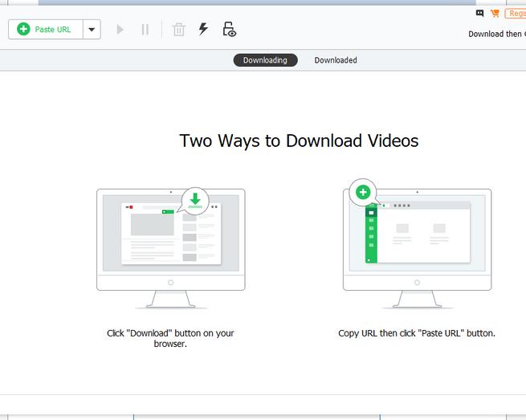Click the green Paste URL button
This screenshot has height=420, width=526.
click(x=45, y=30)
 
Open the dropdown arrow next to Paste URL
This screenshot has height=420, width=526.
click(x=92, y=30)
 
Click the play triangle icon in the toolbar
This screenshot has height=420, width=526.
click(x=120, y=30)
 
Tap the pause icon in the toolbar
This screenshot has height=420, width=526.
click(x=145, y=30)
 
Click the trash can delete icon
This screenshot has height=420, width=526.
click(x=179, y=30)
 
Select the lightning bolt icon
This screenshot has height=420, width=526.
click(x=203, y=30)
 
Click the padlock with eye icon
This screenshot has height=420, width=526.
click(x=230, y=30)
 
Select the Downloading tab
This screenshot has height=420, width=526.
click(x=265, y=60)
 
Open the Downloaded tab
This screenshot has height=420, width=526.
click(x=336, y=60)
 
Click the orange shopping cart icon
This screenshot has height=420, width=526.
click(x=495, y=14)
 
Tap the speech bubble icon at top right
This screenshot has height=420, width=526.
click(x=480, y=14)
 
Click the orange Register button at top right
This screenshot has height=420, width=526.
click(x=516, y=14)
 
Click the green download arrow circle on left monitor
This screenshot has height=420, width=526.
click(x=195, y=200)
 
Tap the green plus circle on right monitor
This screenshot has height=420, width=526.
click(x=363, y=192)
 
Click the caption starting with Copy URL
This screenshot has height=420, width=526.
click(x=417, y=333)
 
